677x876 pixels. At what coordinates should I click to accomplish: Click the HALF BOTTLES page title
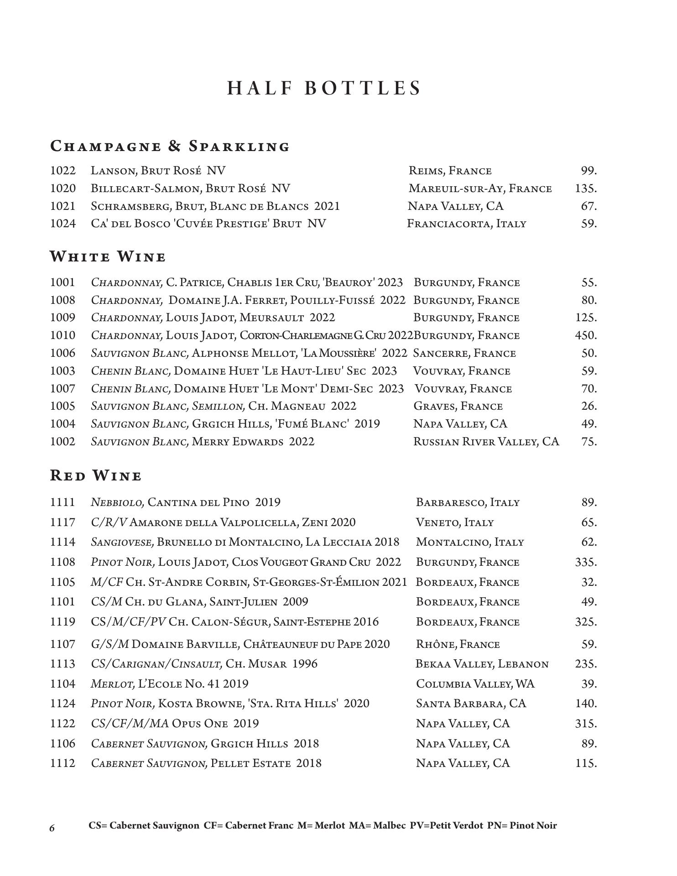coord(324,88)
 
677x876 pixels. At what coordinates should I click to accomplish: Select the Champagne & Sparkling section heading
coord(170,146)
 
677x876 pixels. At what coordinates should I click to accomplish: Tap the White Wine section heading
coord(108,257)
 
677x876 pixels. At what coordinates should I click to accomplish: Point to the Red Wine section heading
coord(96,475)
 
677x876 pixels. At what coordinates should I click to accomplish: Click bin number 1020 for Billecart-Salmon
coord(62,188)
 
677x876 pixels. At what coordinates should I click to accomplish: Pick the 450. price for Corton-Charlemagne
coord(586,335)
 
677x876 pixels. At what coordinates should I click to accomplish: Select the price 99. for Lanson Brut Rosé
coord(588,171)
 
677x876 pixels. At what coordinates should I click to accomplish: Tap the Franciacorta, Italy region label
coord(467,224)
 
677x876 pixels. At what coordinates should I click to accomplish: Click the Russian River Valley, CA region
coord(486,442)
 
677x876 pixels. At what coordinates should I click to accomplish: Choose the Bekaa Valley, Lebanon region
coord(482,664)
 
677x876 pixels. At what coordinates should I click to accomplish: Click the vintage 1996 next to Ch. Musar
coord(305,664)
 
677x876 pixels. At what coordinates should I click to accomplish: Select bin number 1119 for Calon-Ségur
coord(62,622)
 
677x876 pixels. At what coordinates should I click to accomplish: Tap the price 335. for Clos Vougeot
coord(586,562)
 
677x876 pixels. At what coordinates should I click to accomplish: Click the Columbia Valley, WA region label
coord(475,684)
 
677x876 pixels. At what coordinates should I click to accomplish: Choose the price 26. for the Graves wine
coord(589,406)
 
